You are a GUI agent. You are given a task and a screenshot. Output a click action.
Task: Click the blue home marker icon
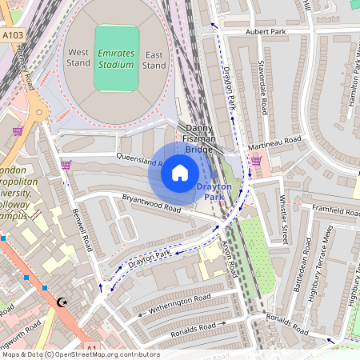(x=179, y=173)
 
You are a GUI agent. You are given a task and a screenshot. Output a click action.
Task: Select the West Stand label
(x=78, y=57)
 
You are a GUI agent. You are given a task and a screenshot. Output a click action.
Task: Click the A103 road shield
(x=12, y=36)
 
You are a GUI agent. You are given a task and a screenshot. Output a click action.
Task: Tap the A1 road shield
(x=92, y=346)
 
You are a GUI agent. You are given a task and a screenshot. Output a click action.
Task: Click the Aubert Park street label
(x=266, y=32)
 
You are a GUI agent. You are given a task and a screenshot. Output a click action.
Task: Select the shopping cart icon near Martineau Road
(x=256, y=160)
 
